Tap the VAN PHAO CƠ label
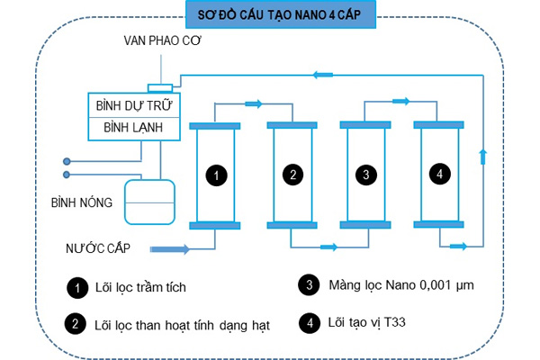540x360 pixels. click(x=164, y=42)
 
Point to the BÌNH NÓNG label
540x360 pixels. click(x=82, y=202)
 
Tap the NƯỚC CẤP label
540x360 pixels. click(x=94, y=247)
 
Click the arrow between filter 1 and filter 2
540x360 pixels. click(x=253, y=104)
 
